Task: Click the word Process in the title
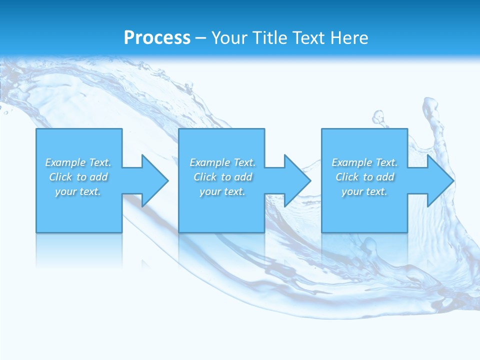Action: (157, 38)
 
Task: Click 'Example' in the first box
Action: (65, 162)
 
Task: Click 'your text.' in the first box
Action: (78, 191)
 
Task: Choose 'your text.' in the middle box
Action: (222, 191)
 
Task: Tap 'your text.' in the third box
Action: (364, 191)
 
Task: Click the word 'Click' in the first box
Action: (60, 177)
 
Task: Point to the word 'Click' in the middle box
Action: (205, 177)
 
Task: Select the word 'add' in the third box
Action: (385, 177)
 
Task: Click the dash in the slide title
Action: (201, 38)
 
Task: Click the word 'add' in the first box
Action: (98, 177)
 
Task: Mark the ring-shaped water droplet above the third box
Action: (378, 118)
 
